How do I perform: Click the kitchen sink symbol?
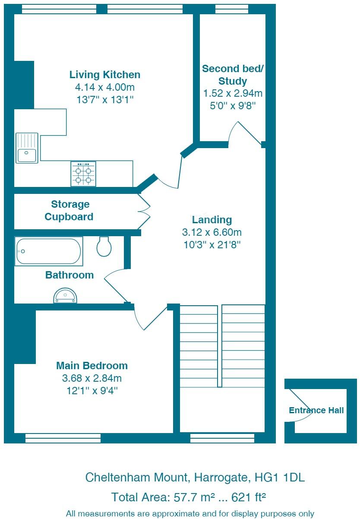click(x=27, y=148)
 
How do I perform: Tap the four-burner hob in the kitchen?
click(x=83, y=174)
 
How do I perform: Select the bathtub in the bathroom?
click(x=49, y=251)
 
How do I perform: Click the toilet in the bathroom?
click(x=104, y=246)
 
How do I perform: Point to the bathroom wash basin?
click(x=65, y=296)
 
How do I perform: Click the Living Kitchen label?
click(x=105, y=75)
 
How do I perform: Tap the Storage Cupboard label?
click(x=69, y=210)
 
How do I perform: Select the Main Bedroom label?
click(x=92, y=366)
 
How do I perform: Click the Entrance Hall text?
click(x=316, y=410)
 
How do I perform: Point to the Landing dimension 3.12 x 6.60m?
click(x=212, y=232)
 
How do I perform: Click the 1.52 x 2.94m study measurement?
click(x=233, y=93)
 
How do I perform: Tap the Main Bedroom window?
click(x=63, y=438)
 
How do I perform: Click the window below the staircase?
click(x=222, y=438)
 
